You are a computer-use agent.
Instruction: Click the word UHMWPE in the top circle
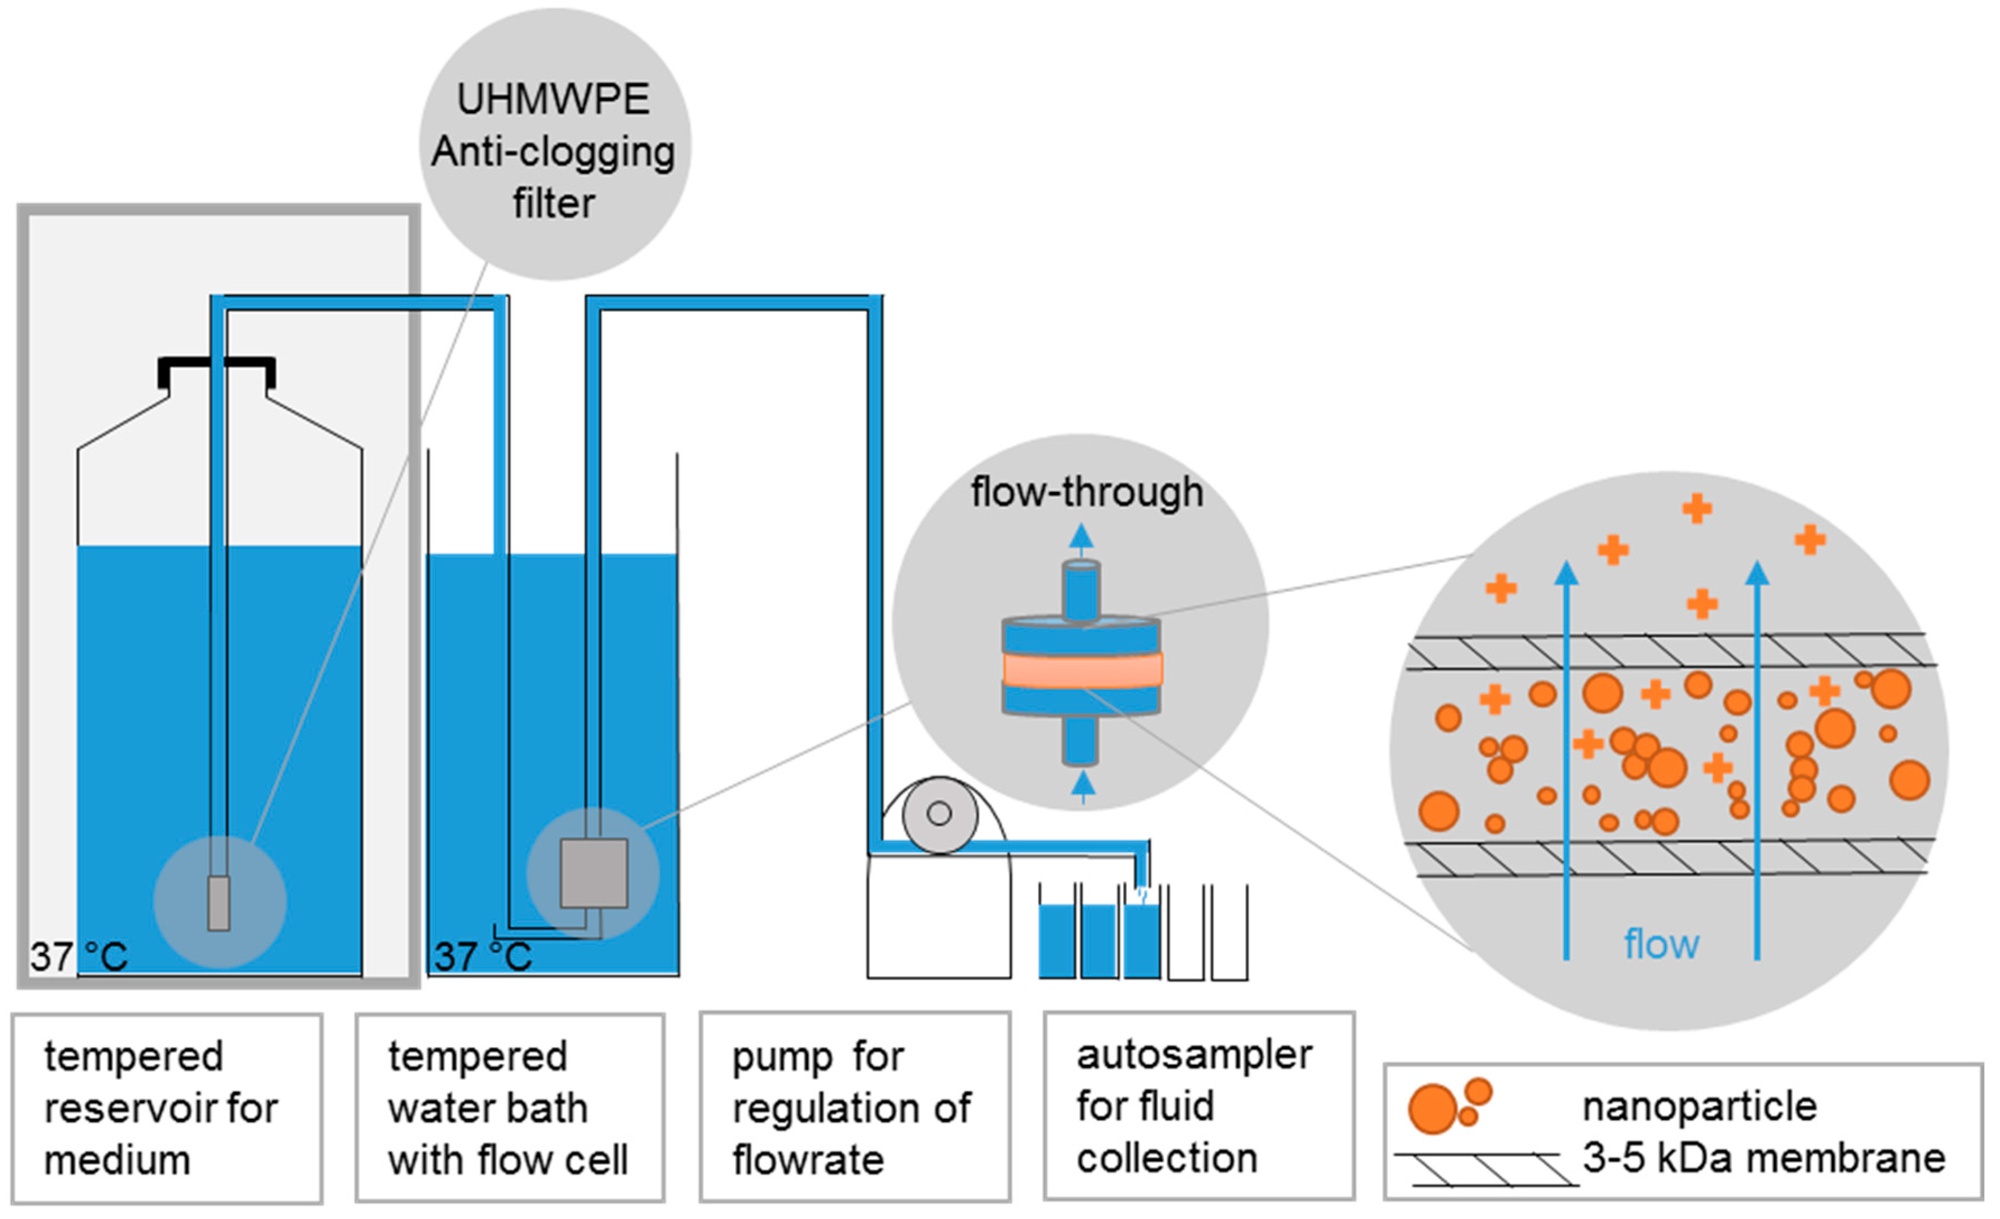coord(554,100)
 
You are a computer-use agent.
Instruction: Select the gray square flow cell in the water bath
coord(594,873)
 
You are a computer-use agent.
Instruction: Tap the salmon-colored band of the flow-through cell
coord(1082,670)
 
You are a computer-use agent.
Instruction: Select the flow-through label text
coord(1087,493)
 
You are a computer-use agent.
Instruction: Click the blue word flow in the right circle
coord(1661,945)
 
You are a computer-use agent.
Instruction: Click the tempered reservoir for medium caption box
coord(167,1108)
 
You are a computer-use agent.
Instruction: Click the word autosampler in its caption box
coord(1193,1055)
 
